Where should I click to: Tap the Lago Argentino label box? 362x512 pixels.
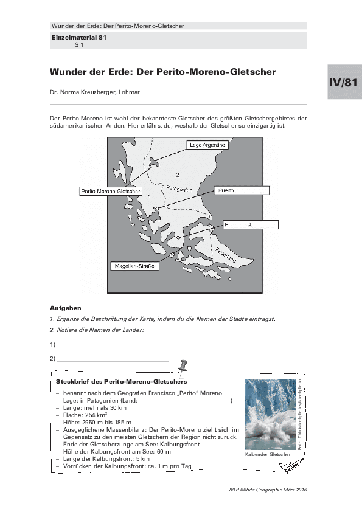(x=207, y=145)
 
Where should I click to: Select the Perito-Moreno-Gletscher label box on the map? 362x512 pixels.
(x=111, y=191)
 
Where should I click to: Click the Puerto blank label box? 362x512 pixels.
(x=242, y=190)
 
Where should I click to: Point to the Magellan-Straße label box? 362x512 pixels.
(x=134, y=266)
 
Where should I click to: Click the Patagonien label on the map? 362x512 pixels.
(x=179, y=189)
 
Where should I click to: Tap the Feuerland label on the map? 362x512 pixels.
(x=226, y=255)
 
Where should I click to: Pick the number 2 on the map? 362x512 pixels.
(x=178, y=175)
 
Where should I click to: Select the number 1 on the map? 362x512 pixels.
(x=150, y=196)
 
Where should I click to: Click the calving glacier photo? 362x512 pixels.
(x=271, y=414)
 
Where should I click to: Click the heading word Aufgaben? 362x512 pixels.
(x=65, y=308)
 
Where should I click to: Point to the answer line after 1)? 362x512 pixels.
(x=113, y=347)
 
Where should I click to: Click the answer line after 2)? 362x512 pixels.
(x=113, y=361)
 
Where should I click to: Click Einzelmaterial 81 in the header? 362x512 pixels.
(x=79, y=37)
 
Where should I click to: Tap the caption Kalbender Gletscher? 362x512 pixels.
(x=268, y=454)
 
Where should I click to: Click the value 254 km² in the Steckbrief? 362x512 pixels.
(x=96, y=415)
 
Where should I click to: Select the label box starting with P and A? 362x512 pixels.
(x=251, y=224)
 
